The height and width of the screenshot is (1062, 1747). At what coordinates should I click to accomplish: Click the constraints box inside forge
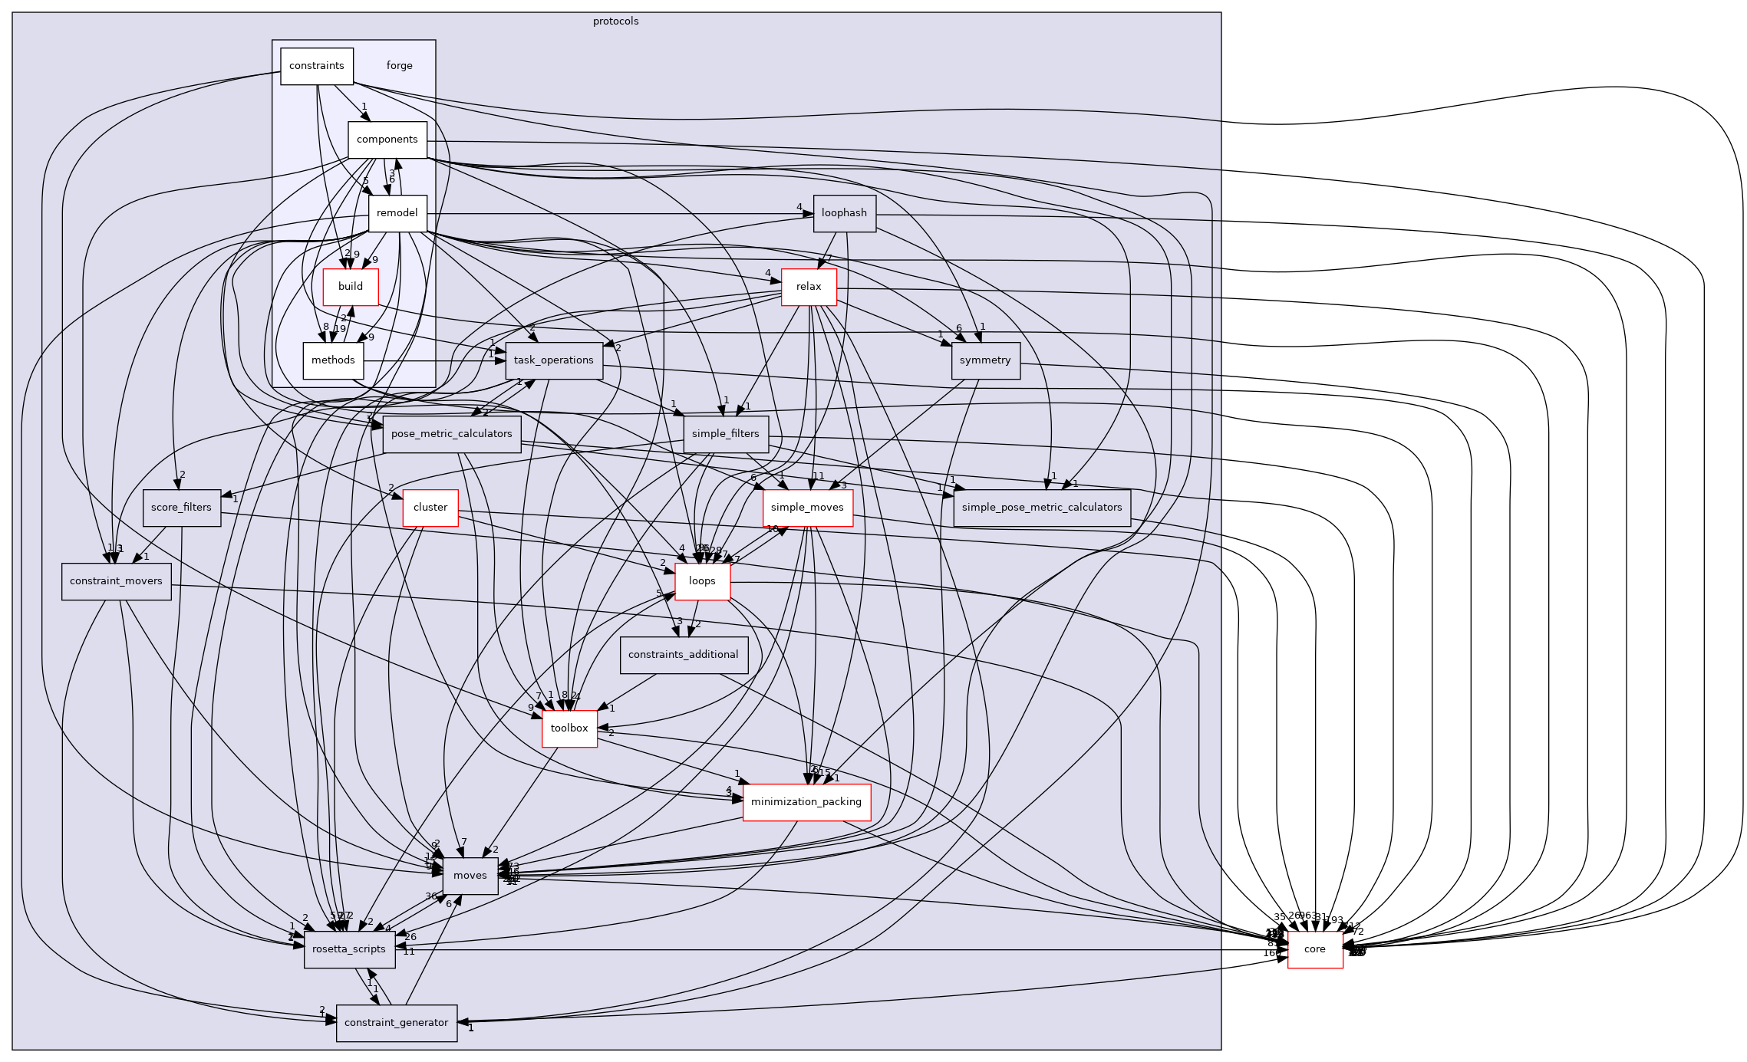tap(316, 66)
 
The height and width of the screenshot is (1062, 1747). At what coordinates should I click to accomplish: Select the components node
tap(387, 140)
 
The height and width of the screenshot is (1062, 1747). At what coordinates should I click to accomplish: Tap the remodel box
tap(397, 213)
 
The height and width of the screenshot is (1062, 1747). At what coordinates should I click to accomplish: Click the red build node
tap(350, 287)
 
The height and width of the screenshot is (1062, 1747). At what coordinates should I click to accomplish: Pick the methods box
tap(333, 360)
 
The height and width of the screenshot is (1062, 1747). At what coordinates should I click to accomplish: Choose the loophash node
tap(844, 213)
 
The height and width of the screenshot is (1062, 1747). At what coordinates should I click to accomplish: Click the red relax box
tap(809, 287)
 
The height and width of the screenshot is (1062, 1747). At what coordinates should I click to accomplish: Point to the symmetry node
tap(985, 360)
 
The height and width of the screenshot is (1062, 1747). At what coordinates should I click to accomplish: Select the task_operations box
tap(553, 360)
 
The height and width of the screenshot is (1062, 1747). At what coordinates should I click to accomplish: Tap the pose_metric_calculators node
tap(451, 434)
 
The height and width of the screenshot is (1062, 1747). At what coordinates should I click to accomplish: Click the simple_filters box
tap(725, 434)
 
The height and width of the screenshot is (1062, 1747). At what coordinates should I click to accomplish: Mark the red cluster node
tap(430, 508)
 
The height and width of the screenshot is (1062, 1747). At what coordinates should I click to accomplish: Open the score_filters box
tap(181, 508)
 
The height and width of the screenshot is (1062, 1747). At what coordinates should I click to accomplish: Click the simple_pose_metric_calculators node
tap(1041, 508)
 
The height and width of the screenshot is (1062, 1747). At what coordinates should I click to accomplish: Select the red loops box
tap(702, 581)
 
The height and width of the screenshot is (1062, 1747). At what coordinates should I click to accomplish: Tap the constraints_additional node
tap(683, 655)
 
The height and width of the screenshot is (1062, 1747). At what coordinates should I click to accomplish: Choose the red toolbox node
tap(569, 728)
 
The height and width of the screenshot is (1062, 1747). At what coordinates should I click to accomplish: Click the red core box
tap(1314, 949)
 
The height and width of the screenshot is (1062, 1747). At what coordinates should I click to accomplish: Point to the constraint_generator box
tap(396, 1023)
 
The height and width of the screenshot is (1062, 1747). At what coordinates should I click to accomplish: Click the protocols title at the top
tap(615, 21)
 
